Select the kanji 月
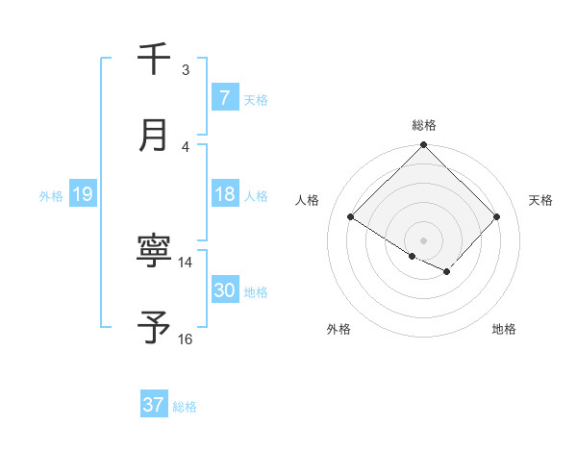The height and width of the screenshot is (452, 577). [154, 135]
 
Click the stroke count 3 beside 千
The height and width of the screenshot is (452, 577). [186, 69]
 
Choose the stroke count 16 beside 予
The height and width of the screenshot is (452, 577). [186, 339]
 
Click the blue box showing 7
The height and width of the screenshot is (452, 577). [224, 97]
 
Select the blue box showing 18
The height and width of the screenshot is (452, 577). [224, 194]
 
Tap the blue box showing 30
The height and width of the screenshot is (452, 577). [224, 290]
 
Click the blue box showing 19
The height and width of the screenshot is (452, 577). [82, 194]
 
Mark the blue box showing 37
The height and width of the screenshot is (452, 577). [154, 405]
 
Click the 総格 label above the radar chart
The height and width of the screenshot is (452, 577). [423, 125]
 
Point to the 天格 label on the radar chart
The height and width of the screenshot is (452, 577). [541, 200]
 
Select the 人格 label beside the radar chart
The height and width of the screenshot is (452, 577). [308, 200]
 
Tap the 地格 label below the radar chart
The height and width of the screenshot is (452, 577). [504, 329]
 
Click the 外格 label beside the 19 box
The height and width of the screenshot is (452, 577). [51, 195]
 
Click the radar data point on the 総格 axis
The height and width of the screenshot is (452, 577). [423, 146]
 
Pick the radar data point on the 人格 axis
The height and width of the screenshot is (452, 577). [351, 217]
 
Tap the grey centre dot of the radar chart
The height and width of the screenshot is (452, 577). [423, 239]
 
